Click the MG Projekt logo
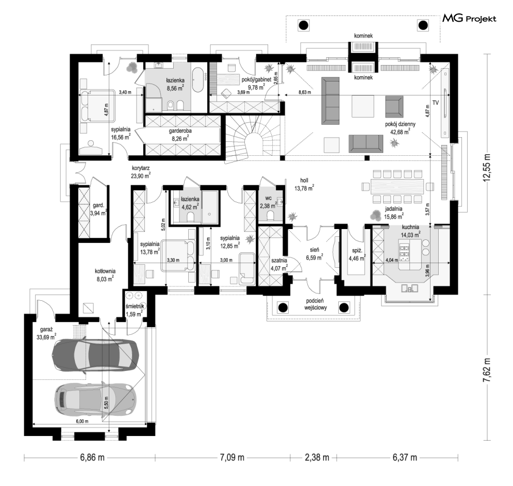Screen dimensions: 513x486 (x=469, y=19)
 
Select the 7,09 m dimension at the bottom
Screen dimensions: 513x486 (x=231, y=457)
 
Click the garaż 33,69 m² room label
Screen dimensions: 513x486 (x=46, y=333)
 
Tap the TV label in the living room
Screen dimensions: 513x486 (x=435, y=103)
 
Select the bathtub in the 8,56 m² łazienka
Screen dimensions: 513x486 (x=198, y=79)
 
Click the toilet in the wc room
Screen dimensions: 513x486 (x=271, y=216)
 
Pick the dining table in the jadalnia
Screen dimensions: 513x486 (x=396, y=187)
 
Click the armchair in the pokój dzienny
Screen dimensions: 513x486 (x=394, y=106)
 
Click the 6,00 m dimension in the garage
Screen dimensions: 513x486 (x=82, y=421)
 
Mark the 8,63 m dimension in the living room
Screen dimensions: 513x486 (x=305, y=92)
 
